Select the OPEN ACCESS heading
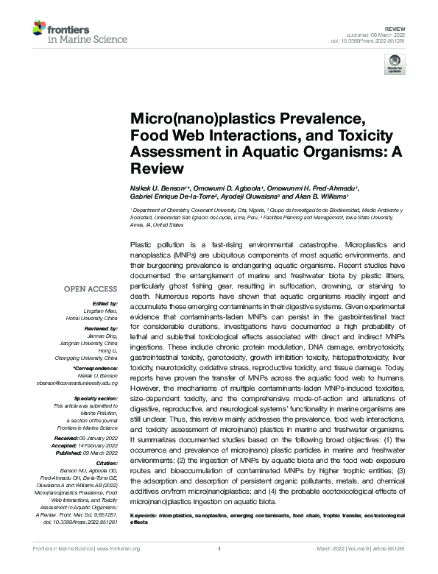91,288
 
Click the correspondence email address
89,383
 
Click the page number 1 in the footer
219,549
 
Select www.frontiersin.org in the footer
116,549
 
